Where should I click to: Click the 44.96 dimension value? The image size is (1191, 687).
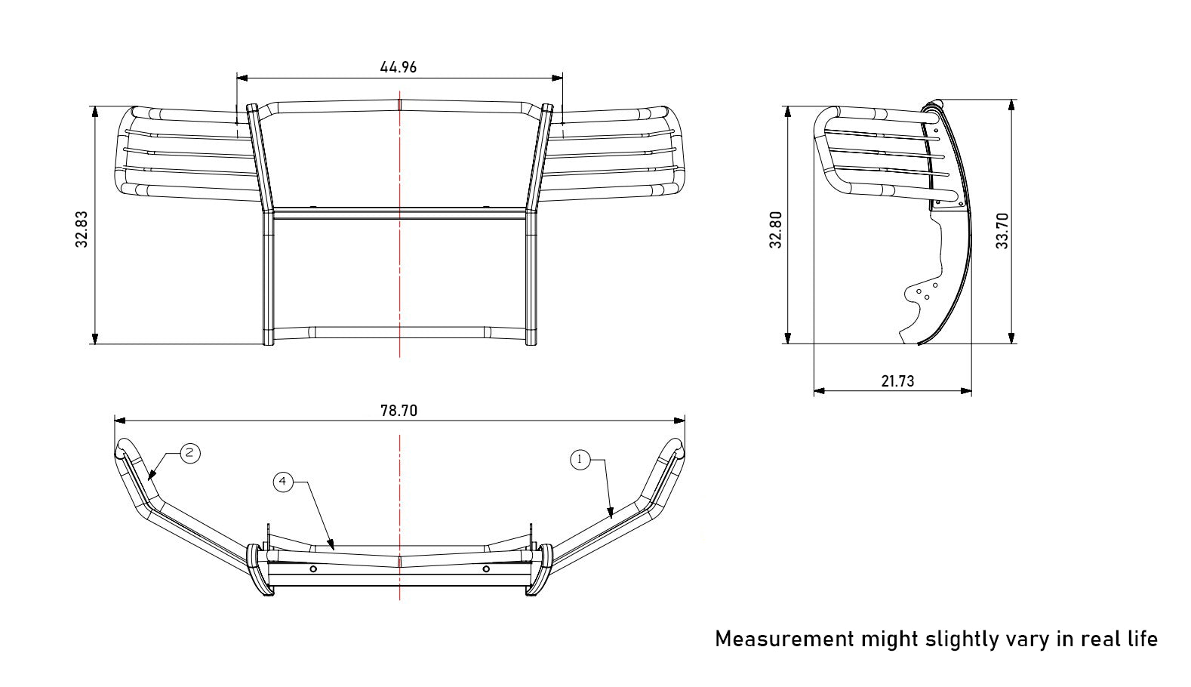pyautogui.click(x=399, y=67)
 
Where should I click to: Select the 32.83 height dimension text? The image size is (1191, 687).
pyautogui.click(x=82, y=230)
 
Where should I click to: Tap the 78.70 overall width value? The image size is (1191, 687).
pyautogui.click(x=399, y=411)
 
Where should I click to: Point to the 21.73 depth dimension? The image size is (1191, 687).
pyautogui.click(x=897, y=381)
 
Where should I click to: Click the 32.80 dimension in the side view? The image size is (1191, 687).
pyautogui.click(x=776, y=230)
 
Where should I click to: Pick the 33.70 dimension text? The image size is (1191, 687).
pyautogui.click(x=1002, y=231)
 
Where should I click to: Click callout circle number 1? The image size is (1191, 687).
pyautogui.click(x=580, y=460)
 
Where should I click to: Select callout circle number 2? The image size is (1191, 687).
pyautogui.click(x=189, y=454)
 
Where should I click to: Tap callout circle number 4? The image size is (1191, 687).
pyautogui.click(x=283, y=482)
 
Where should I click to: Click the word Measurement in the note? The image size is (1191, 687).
pyautogui.click(x=785, y=639)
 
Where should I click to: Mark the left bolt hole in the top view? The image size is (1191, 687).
pyautogui.click(x=313, y=569)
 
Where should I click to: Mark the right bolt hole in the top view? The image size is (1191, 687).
pyautogui.click(x=486, y=569)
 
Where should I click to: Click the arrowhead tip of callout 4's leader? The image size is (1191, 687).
pyautogui.click(x=334, y=549)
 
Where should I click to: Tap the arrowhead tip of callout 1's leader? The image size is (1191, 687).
pyautogui.click(x=611, y=518)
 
